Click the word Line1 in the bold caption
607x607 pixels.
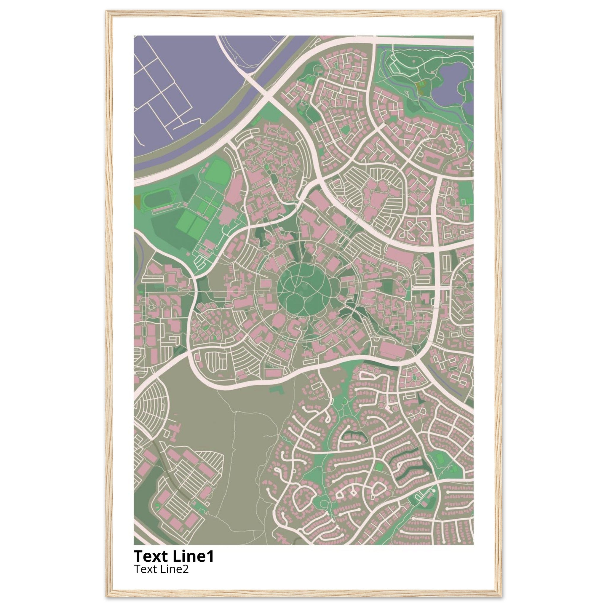click(x=193, y=556)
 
